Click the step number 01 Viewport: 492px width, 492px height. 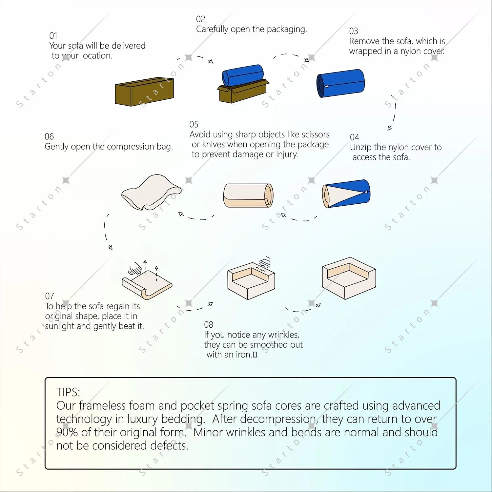click(53, 35)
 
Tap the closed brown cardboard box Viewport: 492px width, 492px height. click(144, 92)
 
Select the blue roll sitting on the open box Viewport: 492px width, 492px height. click(243, 75)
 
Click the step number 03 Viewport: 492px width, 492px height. click(353, 31)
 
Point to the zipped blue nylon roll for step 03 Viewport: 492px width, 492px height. click(340, 83)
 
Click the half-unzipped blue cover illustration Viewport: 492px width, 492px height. click(346, 194)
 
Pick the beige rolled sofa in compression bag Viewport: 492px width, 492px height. click(248, 195)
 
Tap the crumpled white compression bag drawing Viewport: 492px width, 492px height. click(151, 192)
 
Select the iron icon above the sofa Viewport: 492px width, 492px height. click(265, 262)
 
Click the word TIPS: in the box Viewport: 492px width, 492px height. click(68, 392)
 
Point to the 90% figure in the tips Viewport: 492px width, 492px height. click(67, 432)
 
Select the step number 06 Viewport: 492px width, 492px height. click(49, 136)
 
